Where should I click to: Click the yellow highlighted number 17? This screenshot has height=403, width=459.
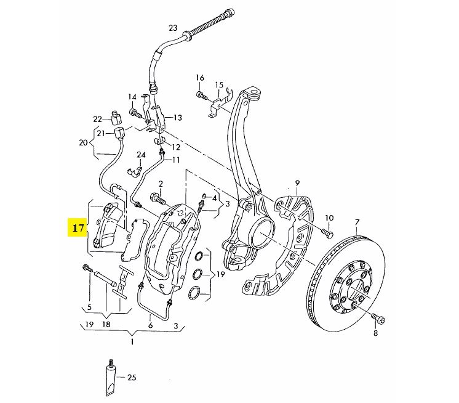tap(78, 229)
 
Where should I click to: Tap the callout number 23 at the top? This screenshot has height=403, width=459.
tap(172, 28)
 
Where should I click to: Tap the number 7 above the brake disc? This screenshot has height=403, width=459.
tap(356, 221)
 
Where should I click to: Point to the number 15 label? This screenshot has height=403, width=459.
tap(218, 84)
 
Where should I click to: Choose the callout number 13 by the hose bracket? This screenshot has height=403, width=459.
tap(177, 117)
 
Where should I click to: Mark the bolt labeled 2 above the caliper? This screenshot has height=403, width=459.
tap(154, 199)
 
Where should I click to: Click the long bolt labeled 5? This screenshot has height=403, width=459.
tap(87, 268)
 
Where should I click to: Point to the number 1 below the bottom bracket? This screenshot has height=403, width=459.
tap(132, 340)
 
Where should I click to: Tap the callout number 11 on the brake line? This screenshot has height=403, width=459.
tap(175, 160)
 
